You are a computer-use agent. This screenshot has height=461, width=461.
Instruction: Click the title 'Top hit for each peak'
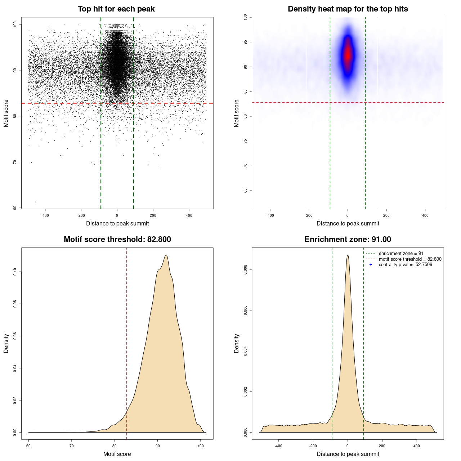[116, 9]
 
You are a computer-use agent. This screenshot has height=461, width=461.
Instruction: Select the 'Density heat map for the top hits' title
[348, 9]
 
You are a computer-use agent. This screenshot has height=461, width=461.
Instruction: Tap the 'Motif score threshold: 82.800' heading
[117, 240]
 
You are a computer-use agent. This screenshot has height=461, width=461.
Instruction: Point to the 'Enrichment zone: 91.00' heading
[348, 240]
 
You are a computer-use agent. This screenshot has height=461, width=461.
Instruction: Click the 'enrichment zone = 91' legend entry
[401, 254]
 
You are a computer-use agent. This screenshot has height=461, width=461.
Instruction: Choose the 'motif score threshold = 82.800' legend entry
[410, 259]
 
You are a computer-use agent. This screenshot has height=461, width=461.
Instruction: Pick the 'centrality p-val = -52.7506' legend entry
[405, 265]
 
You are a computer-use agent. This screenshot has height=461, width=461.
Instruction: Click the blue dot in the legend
[371, 265]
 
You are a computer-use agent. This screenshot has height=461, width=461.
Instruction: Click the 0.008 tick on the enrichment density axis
[246, 270]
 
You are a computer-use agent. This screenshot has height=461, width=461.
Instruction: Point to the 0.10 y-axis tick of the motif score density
[15, 272]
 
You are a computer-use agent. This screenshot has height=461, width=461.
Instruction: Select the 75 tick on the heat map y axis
[246, 141]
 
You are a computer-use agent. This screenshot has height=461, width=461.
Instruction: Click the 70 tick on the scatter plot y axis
[15, 162]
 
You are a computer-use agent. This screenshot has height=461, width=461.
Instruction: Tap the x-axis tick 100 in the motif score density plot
[201, 446]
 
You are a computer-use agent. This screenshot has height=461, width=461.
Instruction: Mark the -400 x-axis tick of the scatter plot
[45, 215]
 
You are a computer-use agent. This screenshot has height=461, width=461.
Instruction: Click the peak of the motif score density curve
[166, 255]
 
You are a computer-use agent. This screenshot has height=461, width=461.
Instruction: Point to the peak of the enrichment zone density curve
[348, 255]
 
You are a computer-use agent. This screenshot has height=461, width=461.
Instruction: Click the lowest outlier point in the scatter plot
[35, 202]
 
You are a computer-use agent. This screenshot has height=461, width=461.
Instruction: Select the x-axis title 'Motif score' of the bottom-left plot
[117, 454]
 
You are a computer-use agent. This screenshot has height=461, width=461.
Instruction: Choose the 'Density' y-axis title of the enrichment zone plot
[237, 343]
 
